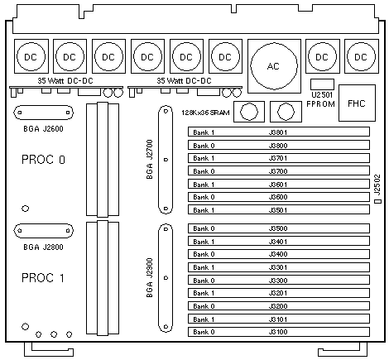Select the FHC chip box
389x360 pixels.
(x=357, y=103)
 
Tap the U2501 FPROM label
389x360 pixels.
(x=321, y=99)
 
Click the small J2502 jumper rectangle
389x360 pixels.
(x=377, y=201)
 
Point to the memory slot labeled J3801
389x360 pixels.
(x=279, y=132)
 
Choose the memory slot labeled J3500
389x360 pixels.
(x=279, y=228)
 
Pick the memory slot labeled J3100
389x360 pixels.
(x=279, y=332)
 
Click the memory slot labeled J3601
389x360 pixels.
(x=279, y=184)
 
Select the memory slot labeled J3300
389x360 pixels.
(x=279, y=280)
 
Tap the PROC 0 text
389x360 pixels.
(x=43, y=160)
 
